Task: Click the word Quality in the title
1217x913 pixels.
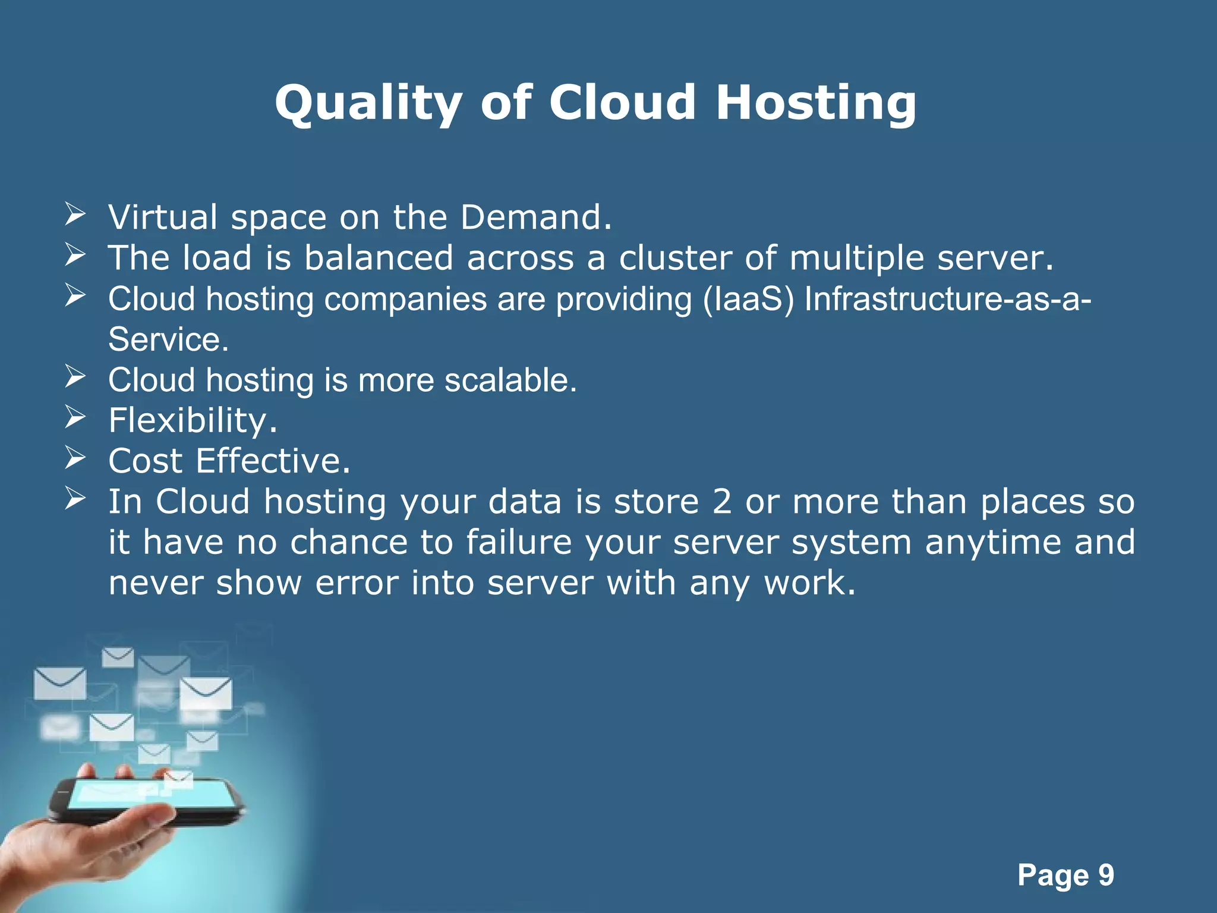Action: pos(368,103)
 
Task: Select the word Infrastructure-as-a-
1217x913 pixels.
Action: pos(947,298)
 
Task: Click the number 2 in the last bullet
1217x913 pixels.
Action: pos(721,502)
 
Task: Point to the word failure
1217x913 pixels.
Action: pos(519,542)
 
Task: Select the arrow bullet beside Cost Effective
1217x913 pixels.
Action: pos(75,458)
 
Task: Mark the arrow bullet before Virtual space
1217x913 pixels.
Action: pos(75,214)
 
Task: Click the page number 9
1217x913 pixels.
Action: pos(1106,875)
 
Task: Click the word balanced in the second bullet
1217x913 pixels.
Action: pos(379,258)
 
